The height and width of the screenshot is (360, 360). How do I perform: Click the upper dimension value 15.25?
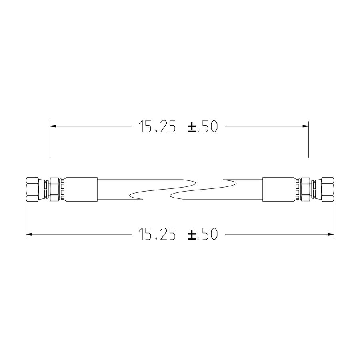tap(157, 126)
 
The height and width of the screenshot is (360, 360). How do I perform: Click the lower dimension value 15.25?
tap(157, 234)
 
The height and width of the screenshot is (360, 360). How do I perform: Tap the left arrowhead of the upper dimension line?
tap(53, 126)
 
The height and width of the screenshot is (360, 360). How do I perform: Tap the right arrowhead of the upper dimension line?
tap(305, 126)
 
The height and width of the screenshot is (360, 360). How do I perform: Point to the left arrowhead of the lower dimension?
tap(29, 234)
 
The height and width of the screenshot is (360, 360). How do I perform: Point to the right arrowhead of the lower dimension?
tap(331, 234)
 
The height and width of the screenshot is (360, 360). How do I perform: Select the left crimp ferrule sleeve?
tap(81, 189)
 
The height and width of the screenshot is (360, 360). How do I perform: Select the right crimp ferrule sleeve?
tap(278, 189)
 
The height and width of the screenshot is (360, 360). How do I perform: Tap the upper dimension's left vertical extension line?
tap(50, 144)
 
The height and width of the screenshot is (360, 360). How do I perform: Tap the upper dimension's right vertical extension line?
tap(308, 144)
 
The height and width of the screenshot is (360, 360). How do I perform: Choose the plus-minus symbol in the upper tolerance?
tap(192, 127)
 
